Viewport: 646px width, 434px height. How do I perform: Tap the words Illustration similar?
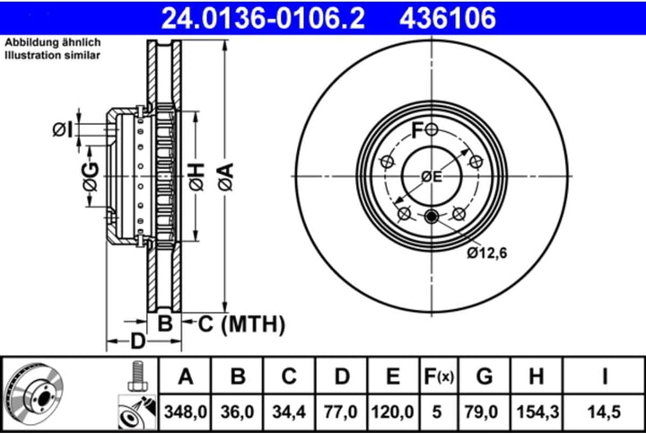point(52,56)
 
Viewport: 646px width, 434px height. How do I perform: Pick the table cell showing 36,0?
point(238,411)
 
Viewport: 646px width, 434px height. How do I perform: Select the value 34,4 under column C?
point(289,411)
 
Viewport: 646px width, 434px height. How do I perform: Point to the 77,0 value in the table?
point(340,411)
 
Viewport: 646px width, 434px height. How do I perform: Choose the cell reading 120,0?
point(392,411)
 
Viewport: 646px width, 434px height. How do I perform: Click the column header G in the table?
point(484,376)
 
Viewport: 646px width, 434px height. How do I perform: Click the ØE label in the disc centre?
point(432,177)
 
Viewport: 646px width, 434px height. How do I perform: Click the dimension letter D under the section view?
point(136,341)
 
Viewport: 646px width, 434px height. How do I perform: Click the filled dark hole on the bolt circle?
point(432,216)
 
